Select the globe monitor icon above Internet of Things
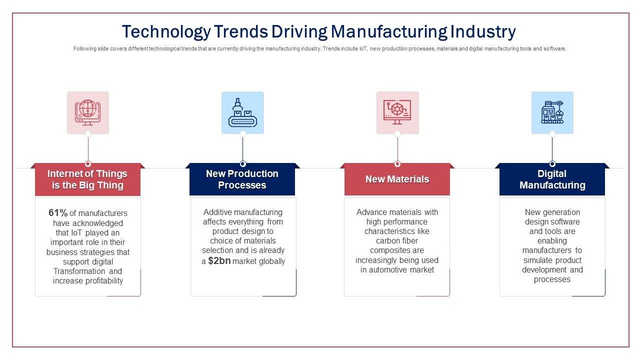click(x=88, y=112)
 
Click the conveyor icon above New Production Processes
click(x=242, y=112)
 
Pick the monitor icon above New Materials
click(x=397, y=112)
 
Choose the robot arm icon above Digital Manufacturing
click(x=552, y=112)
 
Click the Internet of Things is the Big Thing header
click(x=87, y=179)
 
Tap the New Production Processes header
click(x=242, y=179)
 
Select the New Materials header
click(x=397, y=179)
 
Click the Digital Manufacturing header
click(x=552, y=179)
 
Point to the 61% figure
click(x=58, y=213)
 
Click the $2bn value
click(x=219, y=261)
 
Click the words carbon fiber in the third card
click(x=397, y=241)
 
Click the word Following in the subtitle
click(x=83, y=49)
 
